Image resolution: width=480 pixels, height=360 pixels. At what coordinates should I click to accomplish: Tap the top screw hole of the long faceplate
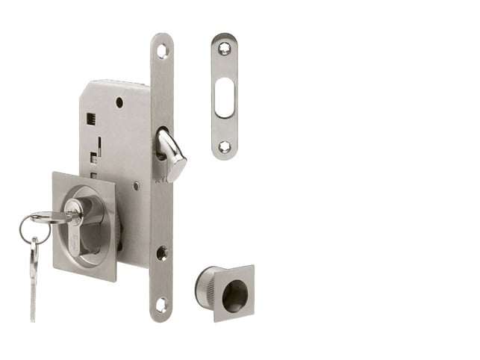[162, 50]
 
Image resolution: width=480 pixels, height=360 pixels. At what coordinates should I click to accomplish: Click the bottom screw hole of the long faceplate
[161, 304]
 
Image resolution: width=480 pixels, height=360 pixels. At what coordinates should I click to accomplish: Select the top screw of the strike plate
[224, 50]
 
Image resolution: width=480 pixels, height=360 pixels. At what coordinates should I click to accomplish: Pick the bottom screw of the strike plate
[224, 146]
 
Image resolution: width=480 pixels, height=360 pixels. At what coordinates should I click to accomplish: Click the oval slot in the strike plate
[224, 98]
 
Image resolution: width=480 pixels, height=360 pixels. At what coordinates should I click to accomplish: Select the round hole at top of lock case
[119, 102]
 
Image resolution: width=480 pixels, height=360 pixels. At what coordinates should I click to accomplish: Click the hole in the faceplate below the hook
[162, 252]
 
